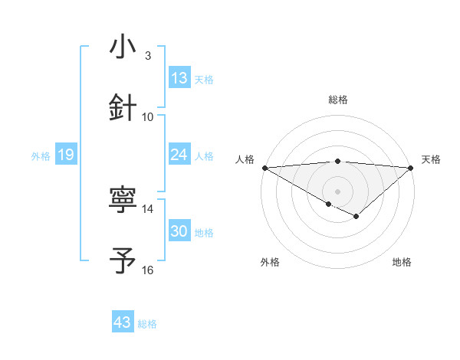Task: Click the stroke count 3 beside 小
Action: (148, 55)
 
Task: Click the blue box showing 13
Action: (179, 78)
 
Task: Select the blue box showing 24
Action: (179, 155)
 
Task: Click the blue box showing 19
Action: (65, 155)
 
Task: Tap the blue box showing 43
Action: (123, 322)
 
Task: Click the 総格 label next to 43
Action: (147, 324)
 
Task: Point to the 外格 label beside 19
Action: (41, 156)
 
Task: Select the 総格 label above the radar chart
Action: (338, 100)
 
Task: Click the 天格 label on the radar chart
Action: (432, 159)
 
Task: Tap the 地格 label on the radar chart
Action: (402, 262)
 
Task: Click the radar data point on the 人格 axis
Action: (264, 168)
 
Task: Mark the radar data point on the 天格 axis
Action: (411, 168)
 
